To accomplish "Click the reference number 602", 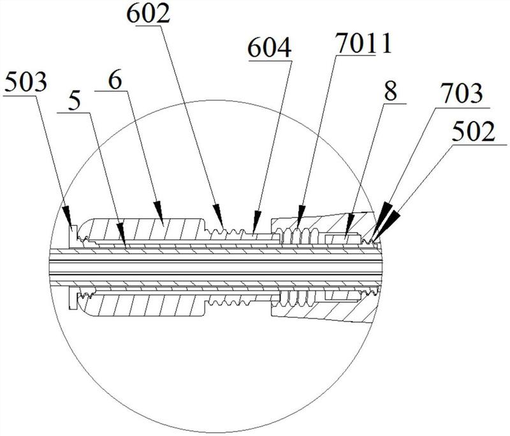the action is [149, 15].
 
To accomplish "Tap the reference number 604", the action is [269, 48].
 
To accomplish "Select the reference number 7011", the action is [363, 44].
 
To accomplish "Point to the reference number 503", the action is [26, 83].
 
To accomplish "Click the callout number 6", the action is [115, 80].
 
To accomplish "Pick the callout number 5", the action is [74, 101].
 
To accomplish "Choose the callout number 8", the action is [390, 91].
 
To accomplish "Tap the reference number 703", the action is [462, 94].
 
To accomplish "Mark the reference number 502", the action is [474, 132].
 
